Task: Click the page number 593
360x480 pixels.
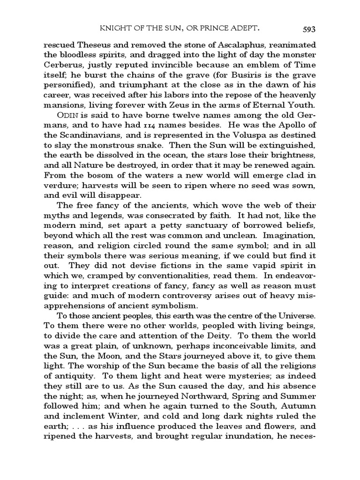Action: click(x=308, y=29)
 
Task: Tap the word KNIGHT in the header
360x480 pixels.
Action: click(x=116, y=29)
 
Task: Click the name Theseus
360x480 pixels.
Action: click(x=91, y=45)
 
